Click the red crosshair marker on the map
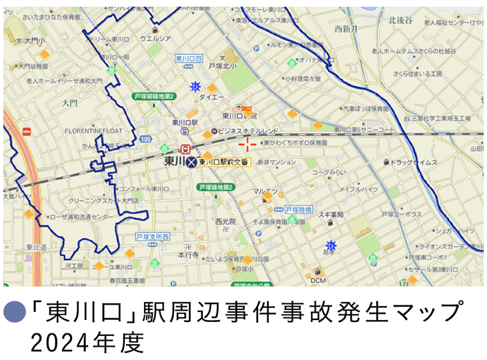pos(248,145)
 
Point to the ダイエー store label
pos(212,97)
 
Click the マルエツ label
pos(265,191)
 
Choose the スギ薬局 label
pos(330,215)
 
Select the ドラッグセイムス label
pos(413,162)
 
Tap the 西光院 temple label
pos(226,221)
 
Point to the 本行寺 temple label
pos(188,255)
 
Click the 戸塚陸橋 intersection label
pos(299,209)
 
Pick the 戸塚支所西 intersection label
pos(152,237)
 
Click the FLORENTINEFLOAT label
pos(94,131)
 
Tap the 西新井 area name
pos(347,29)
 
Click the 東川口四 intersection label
pos(188,59)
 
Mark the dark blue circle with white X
pos(192,163)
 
